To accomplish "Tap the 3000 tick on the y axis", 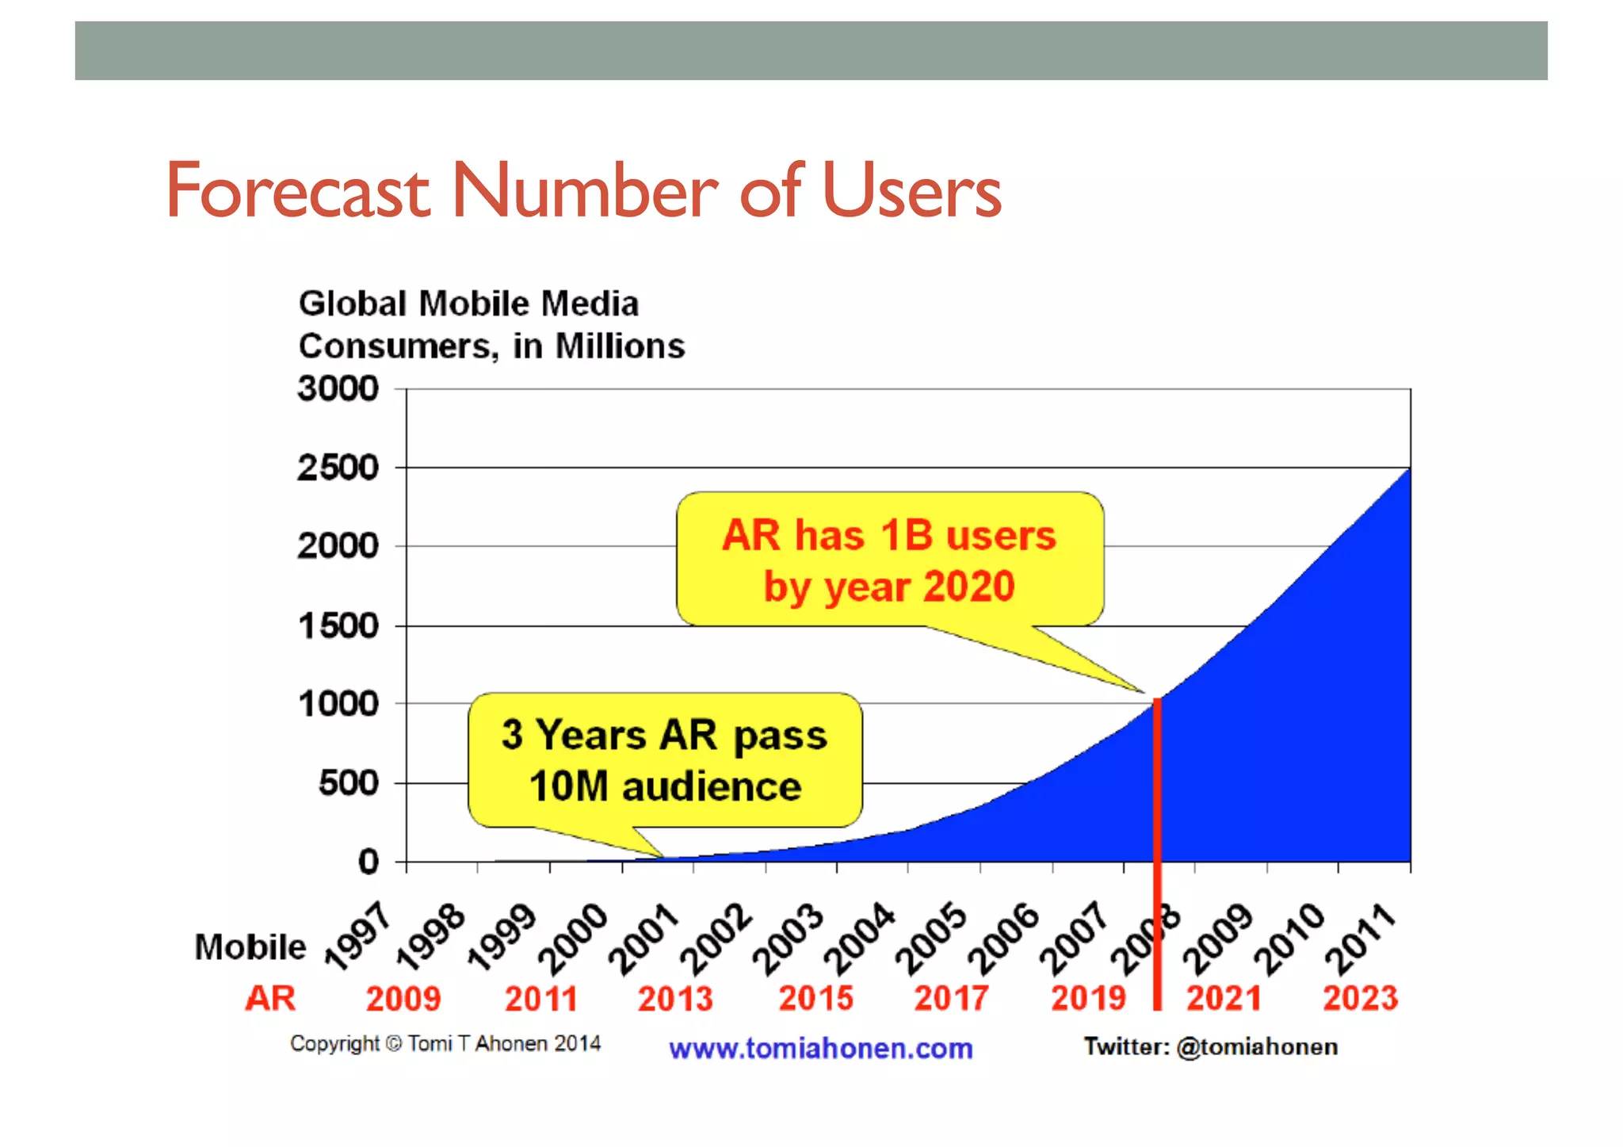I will pos(338,389).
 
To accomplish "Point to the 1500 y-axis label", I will pos(338,626).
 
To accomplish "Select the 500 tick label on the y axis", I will pos(349,783).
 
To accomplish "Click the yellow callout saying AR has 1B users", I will pos(889,560).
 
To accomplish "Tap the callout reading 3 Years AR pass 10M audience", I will pos(665,760).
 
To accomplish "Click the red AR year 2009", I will pos(403,999).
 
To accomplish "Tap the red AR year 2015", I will pos(815,999).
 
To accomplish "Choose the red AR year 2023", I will pos(1360,999).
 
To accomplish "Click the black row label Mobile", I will pos(250,947).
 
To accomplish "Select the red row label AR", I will pos(270,998).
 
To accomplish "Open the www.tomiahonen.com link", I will pos(820,1049).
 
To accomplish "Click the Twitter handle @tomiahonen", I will pos(1257,1047).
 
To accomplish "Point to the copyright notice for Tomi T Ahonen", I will pos(445,1044).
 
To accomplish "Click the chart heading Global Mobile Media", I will pos(468,304).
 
